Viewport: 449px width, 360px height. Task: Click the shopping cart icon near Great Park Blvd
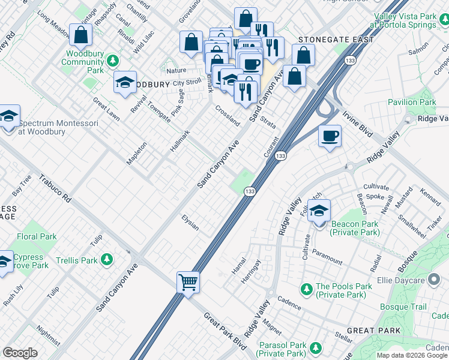(x=188, y=281)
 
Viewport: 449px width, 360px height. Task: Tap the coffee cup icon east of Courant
(x=330, y=136)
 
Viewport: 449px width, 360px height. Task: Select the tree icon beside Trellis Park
(x=107, y=260)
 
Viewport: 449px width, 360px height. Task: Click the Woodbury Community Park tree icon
(x=112, y=61)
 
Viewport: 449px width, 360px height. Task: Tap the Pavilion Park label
(x=412, y=102)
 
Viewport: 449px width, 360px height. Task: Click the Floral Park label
(x=37, y=236)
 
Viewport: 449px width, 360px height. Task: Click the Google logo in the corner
(x=20, y=352)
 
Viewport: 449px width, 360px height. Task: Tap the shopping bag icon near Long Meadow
(x=80, y=35)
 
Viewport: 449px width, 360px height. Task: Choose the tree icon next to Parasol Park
(x=314, y=346)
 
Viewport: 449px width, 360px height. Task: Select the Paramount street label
(x=327, y=259)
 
